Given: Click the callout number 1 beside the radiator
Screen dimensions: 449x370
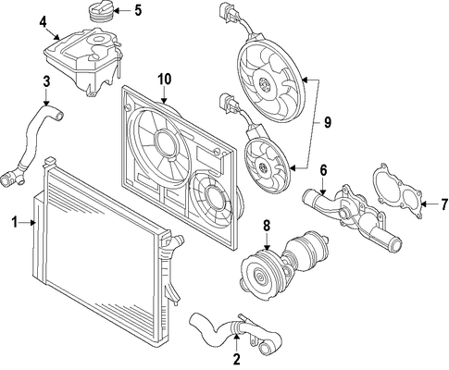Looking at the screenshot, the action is coord(15,222).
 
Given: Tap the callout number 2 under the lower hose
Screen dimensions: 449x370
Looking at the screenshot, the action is coord(236,359).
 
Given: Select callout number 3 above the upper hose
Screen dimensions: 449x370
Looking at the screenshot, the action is coord(46,82).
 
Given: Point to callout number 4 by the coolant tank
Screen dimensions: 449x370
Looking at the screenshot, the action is coord(43,22).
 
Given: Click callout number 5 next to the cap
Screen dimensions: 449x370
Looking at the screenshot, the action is coord(138,10).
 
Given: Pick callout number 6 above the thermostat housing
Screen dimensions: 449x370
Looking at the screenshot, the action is coord(323,170).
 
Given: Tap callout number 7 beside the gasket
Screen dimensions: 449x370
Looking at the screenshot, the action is coord(444,204).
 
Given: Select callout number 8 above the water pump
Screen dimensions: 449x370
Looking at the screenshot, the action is coord(267,226).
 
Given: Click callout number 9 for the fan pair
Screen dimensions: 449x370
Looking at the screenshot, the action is coord(328,122).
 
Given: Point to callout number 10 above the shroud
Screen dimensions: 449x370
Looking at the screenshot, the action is coord(165,80).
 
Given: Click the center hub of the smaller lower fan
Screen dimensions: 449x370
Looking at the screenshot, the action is coord(264,167).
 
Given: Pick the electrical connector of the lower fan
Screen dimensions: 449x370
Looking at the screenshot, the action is coord(227,104).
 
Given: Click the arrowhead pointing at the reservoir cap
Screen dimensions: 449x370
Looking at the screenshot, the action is coord(117,11).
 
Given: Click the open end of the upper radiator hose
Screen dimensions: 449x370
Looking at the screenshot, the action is coord(59,116).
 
